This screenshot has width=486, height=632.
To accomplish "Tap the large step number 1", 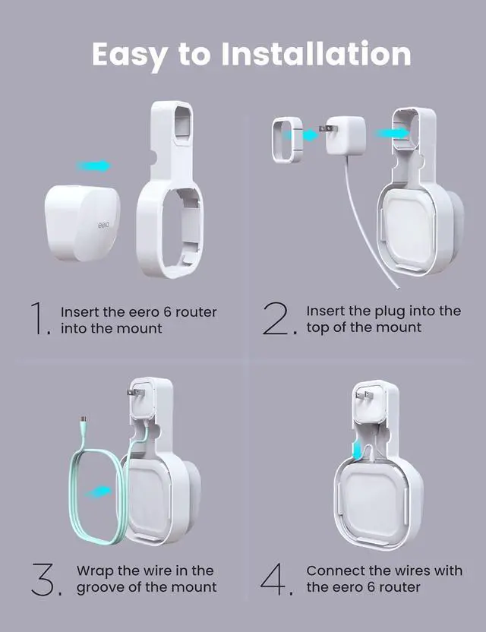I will tap(39, 319).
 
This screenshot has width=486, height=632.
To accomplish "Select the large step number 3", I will tap(45, 579).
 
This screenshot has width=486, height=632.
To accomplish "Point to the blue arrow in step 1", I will tap(94, 166).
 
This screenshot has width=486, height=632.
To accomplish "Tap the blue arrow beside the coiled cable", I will tap(99, 493).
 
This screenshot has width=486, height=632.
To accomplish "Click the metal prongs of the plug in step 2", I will tap(323, 132).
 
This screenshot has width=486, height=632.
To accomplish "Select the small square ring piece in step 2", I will tap(286, 140).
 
